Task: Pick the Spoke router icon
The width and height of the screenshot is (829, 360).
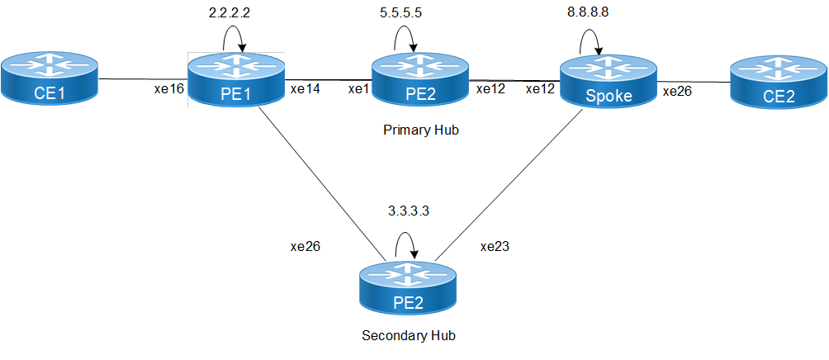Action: tap(609, 83)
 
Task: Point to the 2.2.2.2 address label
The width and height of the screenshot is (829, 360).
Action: tap(232, 14)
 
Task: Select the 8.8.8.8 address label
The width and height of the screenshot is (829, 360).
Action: tap(602, 14)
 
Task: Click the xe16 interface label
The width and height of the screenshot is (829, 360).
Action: tap(169, 88)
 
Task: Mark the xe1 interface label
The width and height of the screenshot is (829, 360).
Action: tap(358, 88)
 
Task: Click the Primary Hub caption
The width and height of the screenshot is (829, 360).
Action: tap(421, 130)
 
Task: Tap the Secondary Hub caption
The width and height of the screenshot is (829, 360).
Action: tap(409, 336)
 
